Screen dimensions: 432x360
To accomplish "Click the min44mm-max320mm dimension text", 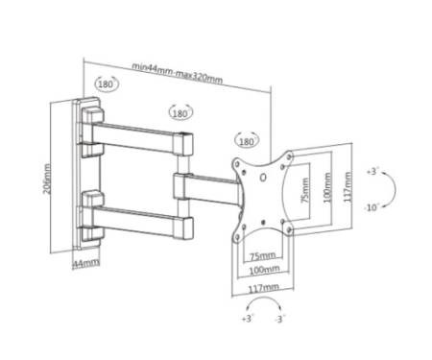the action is pos(178,73).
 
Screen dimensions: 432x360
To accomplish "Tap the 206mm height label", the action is pos(47,179).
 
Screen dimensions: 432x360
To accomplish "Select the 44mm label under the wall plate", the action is pos(86,263).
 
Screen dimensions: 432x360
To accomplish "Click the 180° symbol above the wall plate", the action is pos(107,84).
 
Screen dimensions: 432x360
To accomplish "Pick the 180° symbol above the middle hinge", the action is pos(180,112).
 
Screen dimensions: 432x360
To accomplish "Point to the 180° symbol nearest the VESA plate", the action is pos(247,141).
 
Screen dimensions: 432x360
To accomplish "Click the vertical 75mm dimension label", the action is pos(305,190).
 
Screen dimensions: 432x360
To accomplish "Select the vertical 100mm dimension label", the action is pos(327,187).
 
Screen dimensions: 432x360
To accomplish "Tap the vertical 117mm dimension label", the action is pos(348,187).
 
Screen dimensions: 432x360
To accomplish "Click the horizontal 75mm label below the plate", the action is pos(262,255).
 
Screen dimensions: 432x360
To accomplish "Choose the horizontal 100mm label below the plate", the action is pos(264,270).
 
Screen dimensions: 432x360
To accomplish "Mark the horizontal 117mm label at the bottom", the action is pos(263,288).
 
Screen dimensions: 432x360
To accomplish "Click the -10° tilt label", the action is pos(372,207).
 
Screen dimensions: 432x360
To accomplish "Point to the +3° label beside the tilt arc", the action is pos(372,171).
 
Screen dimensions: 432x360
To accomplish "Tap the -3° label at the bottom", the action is pos(279,319).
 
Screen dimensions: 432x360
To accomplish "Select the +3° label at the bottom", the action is pos(248,319).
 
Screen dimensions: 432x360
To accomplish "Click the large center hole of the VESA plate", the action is pos(263,177).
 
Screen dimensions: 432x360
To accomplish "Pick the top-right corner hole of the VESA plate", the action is pos(290,156).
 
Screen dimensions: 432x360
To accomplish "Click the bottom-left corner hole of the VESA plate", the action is pos(237,237).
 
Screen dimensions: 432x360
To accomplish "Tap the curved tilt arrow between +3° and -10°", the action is pos(395,189).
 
